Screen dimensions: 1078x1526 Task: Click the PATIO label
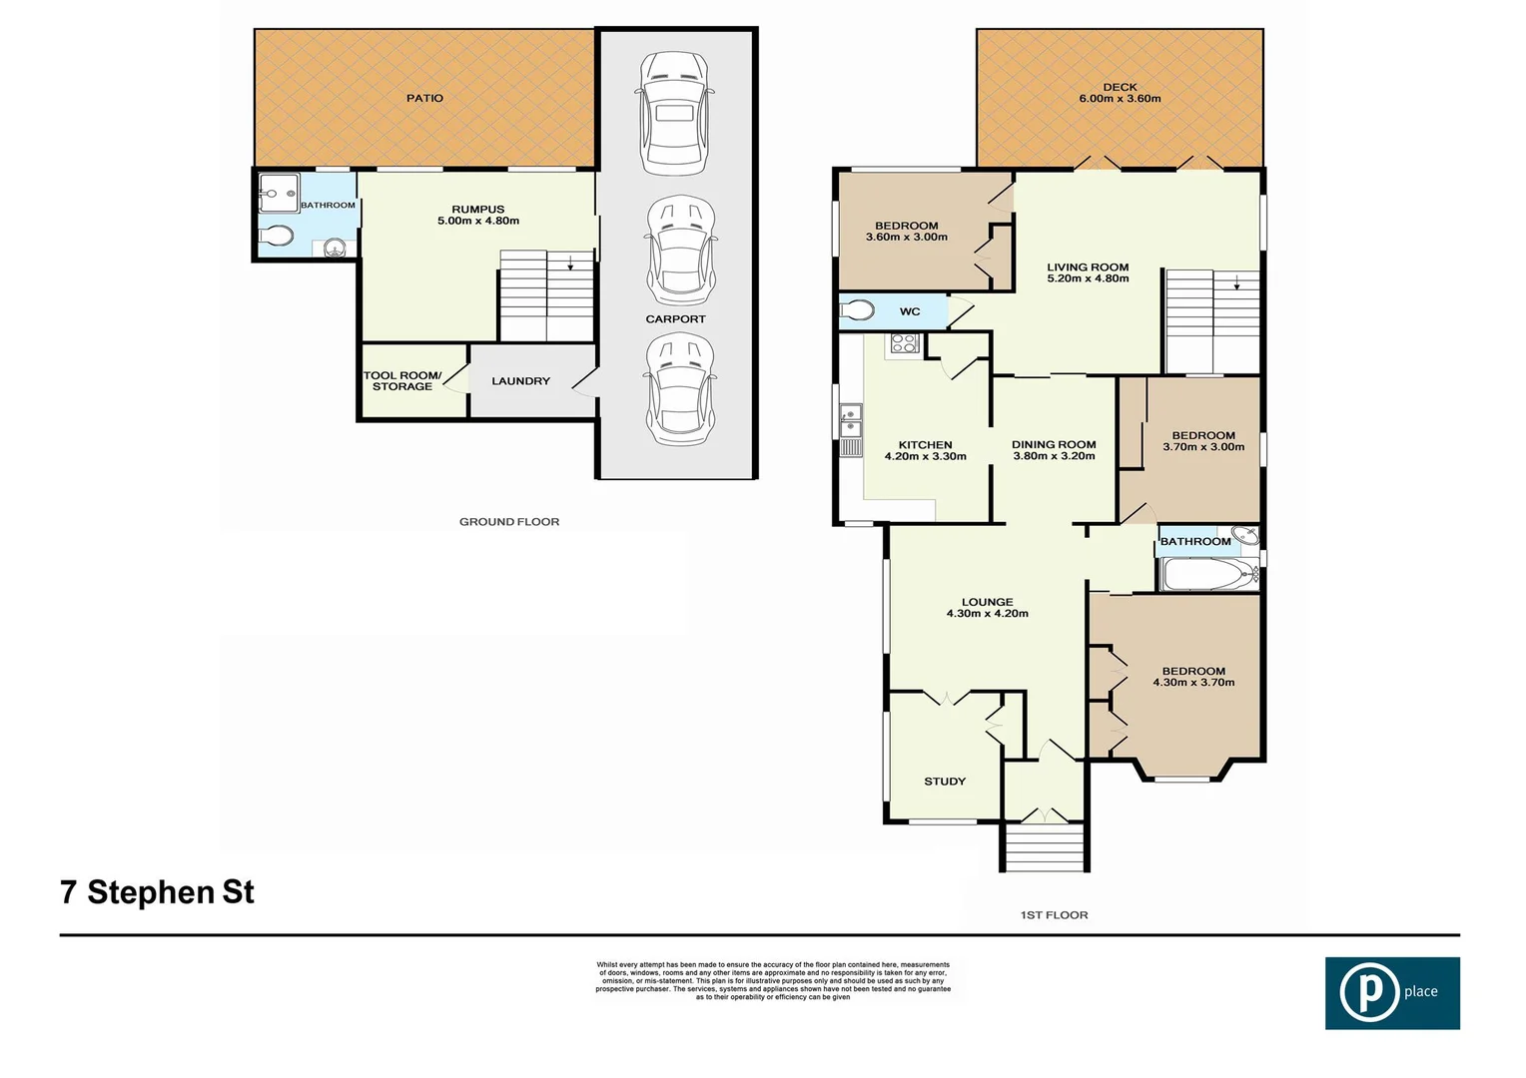tap(424, 98)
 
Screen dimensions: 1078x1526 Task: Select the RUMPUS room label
tap(477, 210)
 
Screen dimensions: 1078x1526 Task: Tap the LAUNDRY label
tap(520, 381)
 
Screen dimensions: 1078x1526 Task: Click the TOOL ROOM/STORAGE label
tap(402, 381)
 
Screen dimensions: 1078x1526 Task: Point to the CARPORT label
tap(675, 319)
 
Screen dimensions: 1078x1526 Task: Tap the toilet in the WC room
tap(857, 310)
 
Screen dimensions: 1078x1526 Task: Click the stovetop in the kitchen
tap(904, 344)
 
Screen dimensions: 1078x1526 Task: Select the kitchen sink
tap(851, 420)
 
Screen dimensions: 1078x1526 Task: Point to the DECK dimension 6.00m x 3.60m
tap(1120, 99)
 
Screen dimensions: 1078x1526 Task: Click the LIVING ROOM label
tap(1088, 268)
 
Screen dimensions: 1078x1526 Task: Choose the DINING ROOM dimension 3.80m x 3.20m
tap(1054, 456)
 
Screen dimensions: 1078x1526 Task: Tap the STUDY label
tap(945, 782)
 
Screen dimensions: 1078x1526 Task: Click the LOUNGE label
tap(987, 602)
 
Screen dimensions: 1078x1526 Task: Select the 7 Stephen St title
tap(157, 892)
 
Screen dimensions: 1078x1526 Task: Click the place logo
tap(1392, 992)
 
